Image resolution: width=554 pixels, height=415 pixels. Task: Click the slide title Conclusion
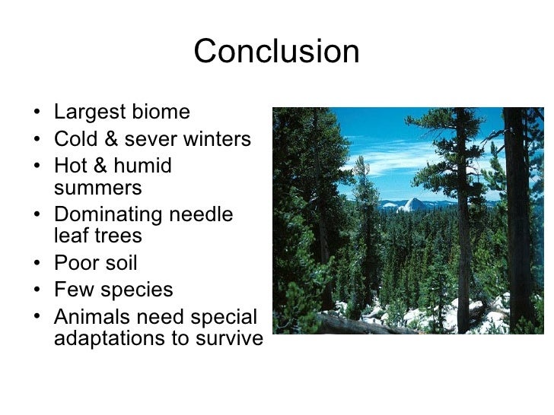276,52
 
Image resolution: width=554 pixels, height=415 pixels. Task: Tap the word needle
203,215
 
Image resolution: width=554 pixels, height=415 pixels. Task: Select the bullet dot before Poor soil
39,264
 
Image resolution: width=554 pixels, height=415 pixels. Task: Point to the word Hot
72,166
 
